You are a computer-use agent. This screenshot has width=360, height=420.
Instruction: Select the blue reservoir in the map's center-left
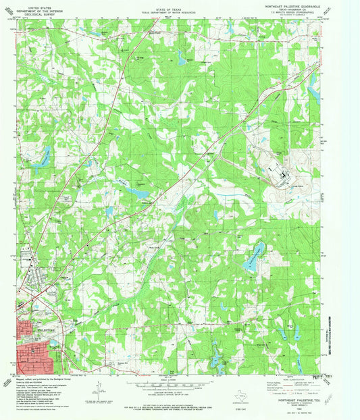140,194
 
